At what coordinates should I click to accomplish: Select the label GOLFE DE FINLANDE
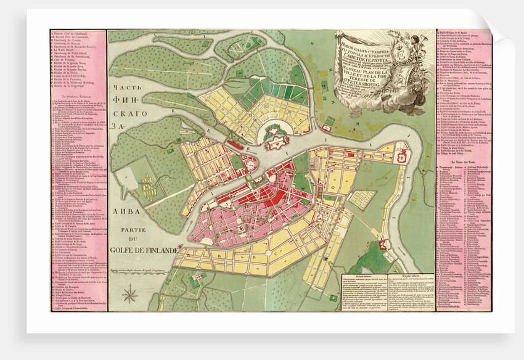(x=146, y=251)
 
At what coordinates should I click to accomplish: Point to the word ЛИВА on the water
(x=129, y=211)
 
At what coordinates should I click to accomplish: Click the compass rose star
(x=130, y=295)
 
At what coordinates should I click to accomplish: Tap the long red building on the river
(x=235, y=145)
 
